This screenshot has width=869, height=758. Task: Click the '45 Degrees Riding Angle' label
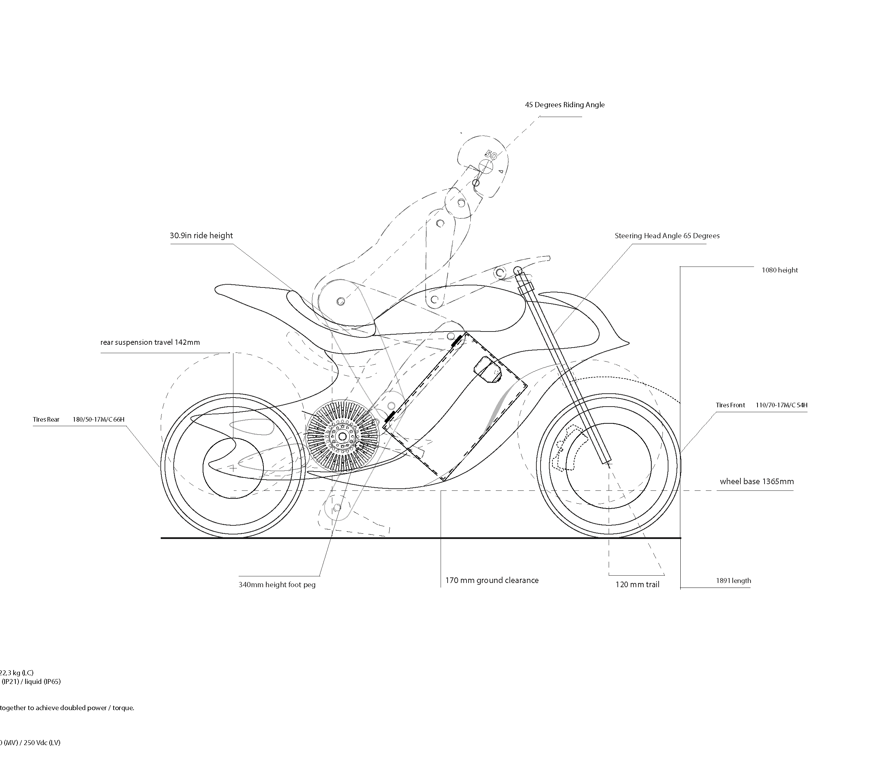(x=564, y=105)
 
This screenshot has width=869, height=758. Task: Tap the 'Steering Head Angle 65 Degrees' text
(x=667, y=236)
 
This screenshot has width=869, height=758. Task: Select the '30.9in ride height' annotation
(x=201, y=235)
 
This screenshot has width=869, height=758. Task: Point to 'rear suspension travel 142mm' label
(x=150, y=342)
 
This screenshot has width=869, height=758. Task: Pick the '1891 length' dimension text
(x=733, y=581)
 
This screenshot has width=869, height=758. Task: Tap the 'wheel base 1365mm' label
(x=756, y=481)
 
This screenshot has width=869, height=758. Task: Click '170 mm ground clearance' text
(x=492, y=580)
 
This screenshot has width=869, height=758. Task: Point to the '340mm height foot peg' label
(x=277, y=585)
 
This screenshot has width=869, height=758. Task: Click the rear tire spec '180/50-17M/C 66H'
(x=99, y=420)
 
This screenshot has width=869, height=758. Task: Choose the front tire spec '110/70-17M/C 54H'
(x=781, y=405)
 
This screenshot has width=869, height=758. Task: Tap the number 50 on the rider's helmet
(x=491, y=155)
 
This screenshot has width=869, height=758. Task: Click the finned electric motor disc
(x=342, y=436)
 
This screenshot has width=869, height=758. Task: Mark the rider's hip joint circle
(x=341, y=301)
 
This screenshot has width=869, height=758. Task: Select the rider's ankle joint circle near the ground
(x=337, y=507)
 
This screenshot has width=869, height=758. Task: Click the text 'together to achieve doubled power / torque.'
(x=67, y=708)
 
